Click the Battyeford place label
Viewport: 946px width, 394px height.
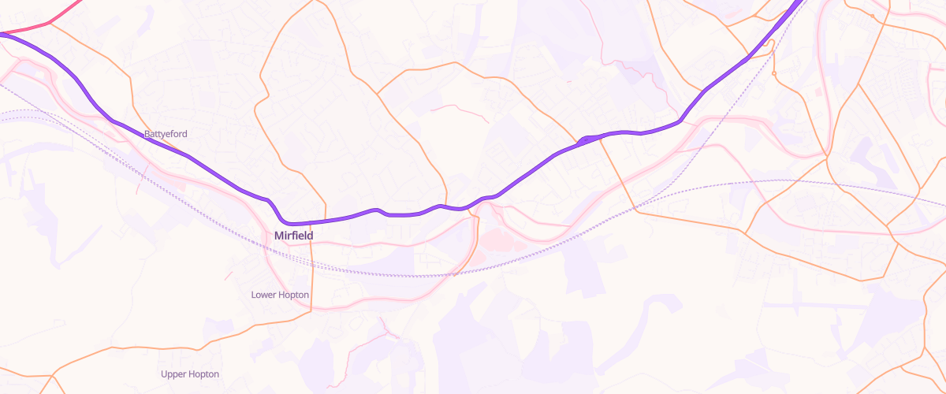click(166, 134)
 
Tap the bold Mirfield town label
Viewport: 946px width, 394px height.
click(293, 236)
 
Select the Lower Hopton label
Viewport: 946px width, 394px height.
click(280, 295)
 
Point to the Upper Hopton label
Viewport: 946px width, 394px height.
click(190, 374)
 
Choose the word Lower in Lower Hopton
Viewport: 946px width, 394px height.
click(264, 295)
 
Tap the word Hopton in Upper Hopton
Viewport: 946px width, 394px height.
click(204, 374)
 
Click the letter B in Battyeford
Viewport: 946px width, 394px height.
click(147, 134)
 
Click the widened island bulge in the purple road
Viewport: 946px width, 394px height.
click(588, 139)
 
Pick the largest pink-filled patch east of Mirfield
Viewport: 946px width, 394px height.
click(501, 240)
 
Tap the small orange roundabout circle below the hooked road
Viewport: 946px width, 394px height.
click(775, 73)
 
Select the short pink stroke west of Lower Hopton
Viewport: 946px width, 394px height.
click(229, 276)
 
